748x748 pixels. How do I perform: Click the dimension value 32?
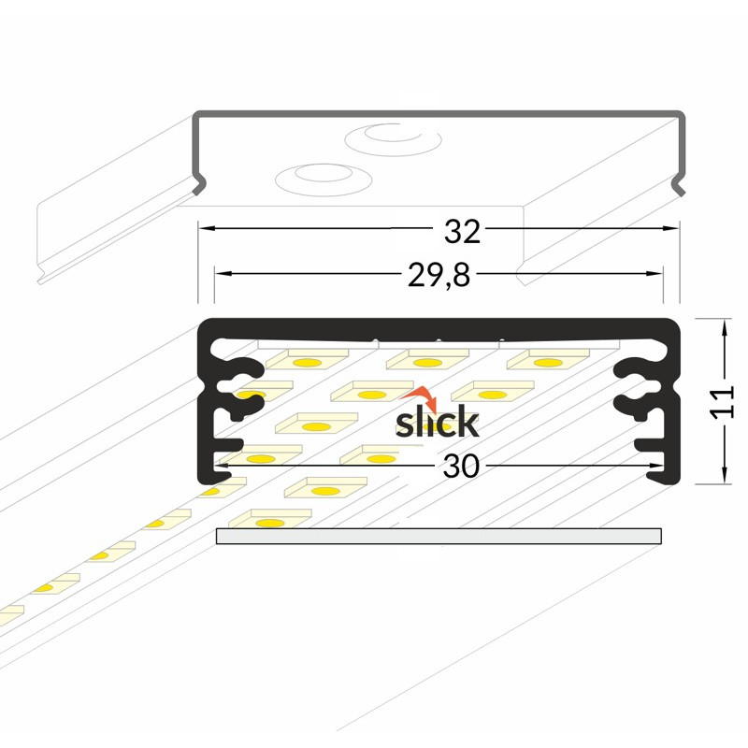coord(462,232)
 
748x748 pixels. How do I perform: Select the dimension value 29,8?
coord(439,276)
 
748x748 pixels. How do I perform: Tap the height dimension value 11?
coord(721,403)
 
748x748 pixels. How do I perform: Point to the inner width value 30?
coord(461,466)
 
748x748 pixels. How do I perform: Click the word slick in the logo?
coord(437,423)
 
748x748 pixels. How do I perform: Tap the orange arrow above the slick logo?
coord(423,398)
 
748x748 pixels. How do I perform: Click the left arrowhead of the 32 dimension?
coord(207,228)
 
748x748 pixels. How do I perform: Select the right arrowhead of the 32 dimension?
coord(670,228)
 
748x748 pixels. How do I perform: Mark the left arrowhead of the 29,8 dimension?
coord(223,273)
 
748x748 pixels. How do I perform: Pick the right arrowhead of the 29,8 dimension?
coord(654,273)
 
